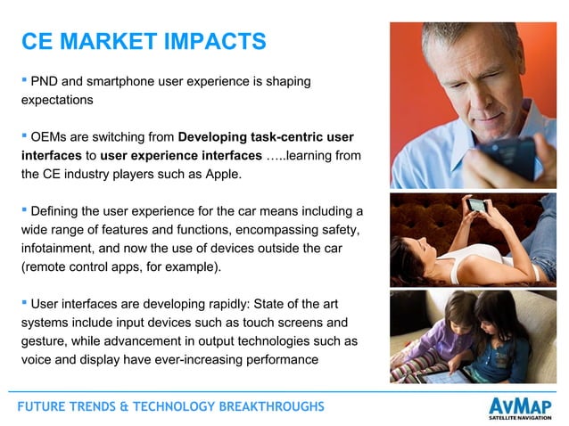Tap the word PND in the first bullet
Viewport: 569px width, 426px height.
[x=45, y=82]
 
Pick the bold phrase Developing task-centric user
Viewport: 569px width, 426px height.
[x=266, y=137]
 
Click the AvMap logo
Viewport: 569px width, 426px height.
[x=522, y=402]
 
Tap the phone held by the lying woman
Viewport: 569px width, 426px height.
[x=479, y=207]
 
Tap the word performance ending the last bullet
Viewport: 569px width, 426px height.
[x=279, y=359]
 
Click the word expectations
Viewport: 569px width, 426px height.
[x=57, y=101]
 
